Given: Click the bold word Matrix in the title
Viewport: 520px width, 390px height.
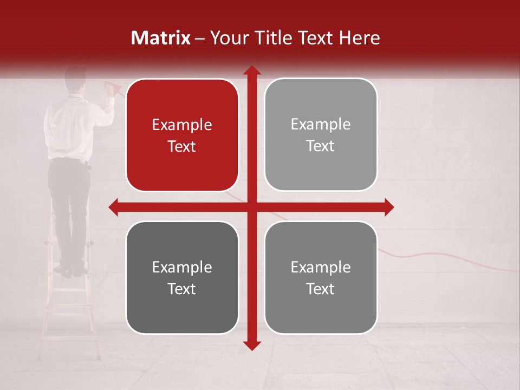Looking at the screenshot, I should coord(161,38).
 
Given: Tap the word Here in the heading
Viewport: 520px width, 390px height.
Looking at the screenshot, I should coord(359,38).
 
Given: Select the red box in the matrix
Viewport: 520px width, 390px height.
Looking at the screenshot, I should coord(182,135).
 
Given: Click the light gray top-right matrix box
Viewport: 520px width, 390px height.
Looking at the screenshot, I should coord(321,135).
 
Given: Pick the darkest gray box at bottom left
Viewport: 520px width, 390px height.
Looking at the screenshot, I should coord(182,277).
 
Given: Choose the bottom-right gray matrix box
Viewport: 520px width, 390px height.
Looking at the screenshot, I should coord(321,277).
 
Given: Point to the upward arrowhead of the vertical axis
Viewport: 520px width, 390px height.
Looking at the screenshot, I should coord(251,70).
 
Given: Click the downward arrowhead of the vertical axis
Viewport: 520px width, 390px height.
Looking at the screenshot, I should coord(251,345).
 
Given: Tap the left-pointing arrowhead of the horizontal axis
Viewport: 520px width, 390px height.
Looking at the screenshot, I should coord(113,207).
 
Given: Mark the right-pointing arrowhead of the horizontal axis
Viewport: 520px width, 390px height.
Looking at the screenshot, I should coord(389,207).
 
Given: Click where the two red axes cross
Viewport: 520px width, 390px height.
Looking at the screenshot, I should coord(251,207).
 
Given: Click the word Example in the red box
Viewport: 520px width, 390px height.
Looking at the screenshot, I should coord(182,125).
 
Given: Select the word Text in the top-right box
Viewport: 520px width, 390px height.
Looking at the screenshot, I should coord(321,146).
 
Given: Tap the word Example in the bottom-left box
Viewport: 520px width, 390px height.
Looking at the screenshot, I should coord(182,267).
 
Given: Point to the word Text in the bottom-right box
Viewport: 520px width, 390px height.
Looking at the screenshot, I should coord(321,289).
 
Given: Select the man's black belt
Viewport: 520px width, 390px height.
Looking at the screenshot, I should coord(69,160).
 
